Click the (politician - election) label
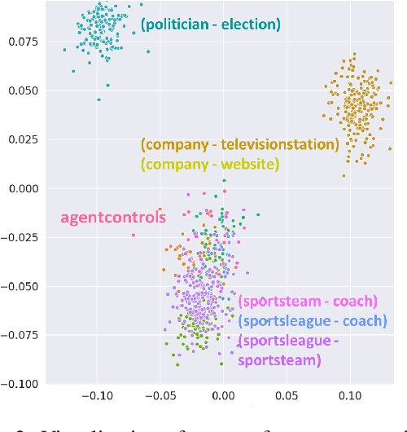210,24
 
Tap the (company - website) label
210,165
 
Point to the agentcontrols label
113,218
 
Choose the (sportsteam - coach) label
309,302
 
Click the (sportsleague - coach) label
313,321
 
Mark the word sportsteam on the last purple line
278,359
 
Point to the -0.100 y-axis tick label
20,384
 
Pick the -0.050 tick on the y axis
20,286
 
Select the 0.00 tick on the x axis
223,397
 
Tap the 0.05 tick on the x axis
287,397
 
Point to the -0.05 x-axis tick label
160,397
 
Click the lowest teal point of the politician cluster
99,99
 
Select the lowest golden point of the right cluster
344,174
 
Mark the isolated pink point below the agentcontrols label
133,235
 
